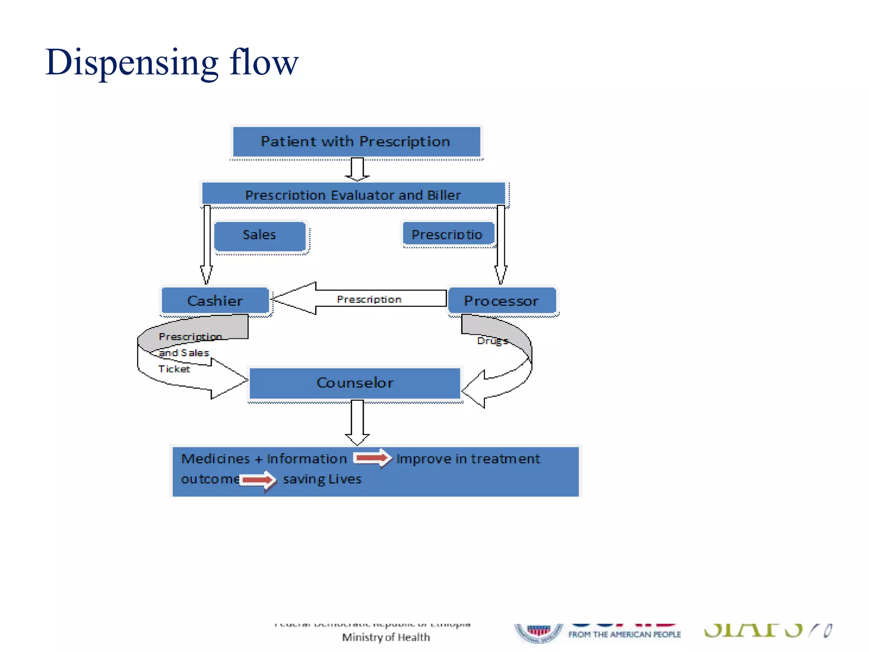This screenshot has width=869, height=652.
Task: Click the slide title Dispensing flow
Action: coord(172,62)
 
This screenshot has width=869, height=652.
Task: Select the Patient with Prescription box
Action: coord(356,142)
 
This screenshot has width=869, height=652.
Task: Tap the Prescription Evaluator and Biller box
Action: coord(353,194)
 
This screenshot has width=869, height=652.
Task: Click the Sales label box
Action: coord(260,235)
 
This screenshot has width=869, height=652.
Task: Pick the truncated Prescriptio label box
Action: coord(448,234)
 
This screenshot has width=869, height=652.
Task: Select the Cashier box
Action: coord(215,301)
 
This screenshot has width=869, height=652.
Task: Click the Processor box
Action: coord(502,301)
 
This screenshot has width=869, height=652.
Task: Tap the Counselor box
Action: coord(355,383)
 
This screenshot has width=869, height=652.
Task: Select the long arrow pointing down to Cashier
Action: coord(207,244)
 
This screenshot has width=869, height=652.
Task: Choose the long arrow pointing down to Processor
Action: coord(501,244)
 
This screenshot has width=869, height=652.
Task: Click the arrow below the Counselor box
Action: coord(357,422)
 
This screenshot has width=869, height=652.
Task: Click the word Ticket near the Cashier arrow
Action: coord(174,369)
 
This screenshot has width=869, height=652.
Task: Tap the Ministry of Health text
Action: coord(386,637)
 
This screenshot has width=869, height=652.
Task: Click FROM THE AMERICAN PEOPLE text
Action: coord(624,634)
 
